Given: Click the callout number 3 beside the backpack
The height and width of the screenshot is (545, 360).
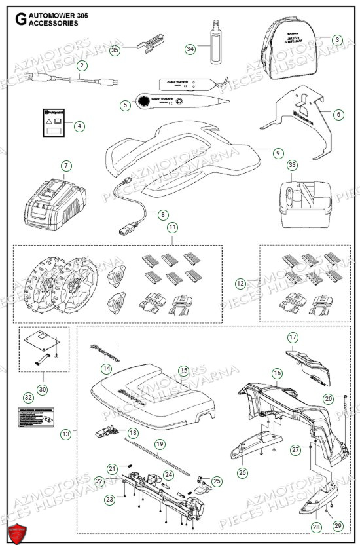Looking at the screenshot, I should point(337,39).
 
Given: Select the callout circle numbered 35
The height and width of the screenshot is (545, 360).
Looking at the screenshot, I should point(115,49).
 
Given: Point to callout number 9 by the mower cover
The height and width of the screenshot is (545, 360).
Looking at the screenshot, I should point(278,153).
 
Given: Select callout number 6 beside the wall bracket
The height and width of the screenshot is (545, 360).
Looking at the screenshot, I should point(338,114).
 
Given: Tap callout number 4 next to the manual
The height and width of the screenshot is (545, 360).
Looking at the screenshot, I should point(79,125).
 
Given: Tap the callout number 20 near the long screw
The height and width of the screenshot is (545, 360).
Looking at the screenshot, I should point(328,398).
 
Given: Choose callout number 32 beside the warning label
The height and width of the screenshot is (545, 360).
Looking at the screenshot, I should point(27,397).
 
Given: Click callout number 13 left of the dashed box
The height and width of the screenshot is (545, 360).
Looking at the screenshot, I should point(65,434).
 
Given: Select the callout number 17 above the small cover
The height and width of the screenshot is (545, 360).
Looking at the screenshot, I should point(293,337).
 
